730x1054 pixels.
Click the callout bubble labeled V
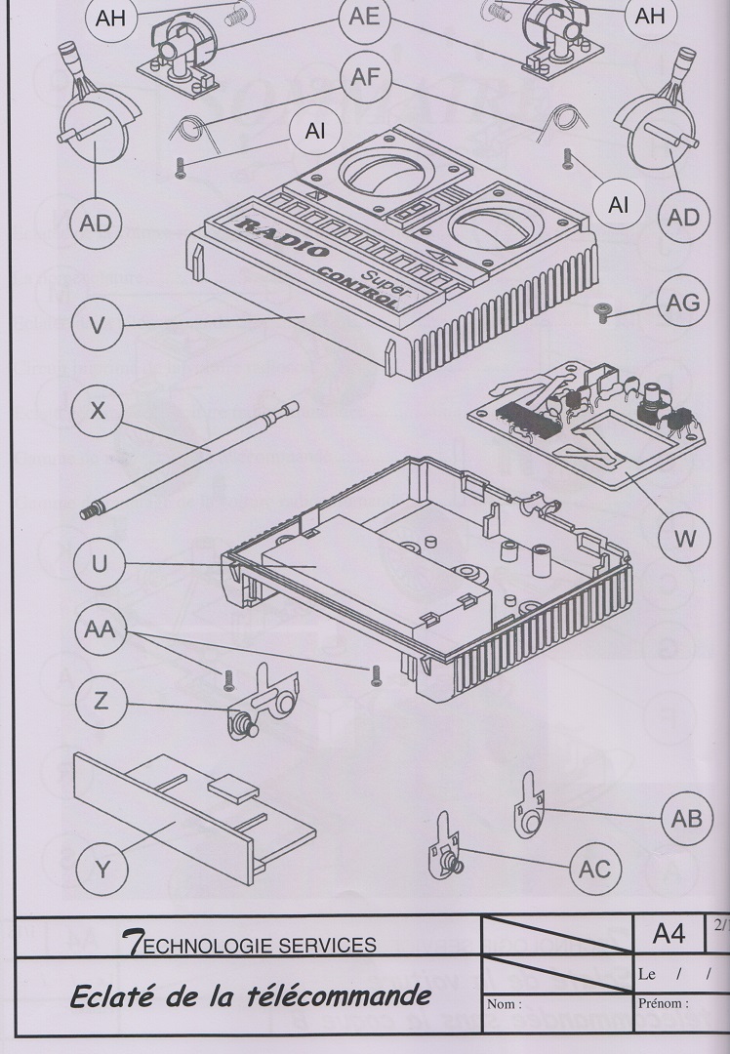pos(96,324)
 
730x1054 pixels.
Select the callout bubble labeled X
pos(96,412)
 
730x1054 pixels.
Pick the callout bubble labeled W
pos(687,537)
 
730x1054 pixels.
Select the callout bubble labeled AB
pos(687,819)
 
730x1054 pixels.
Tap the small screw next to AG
pos(602,311)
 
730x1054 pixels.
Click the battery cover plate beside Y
pos(185,809)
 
